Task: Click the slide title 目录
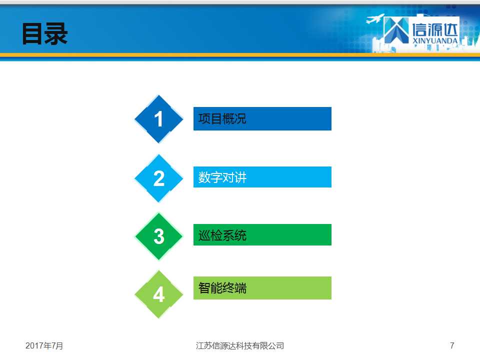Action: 44,33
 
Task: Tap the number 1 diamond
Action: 158,119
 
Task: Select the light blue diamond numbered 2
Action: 158,178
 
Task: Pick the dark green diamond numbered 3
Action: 158,236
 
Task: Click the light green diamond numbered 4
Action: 158,294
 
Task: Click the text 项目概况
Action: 222,119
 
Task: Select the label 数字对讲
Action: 222,177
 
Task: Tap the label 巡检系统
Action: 222,235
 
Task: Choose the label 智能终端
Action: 222,288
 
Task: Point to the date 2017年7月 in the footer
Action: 44,345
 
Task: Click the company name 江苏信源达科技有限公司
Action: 239,345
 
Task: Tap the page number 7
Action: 452,345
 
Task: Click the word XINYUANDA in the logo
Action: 435,40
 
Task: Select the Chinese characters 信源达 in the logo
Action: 434,29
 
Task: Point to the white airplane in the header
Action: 375,18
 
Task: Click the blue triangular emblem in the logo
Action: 396,30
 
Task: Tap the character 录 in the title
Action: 56,33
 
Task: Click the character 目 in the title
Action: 33,34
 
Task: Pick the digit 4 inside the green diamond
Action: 159,295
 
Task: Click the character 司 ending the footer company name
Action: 280,345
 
